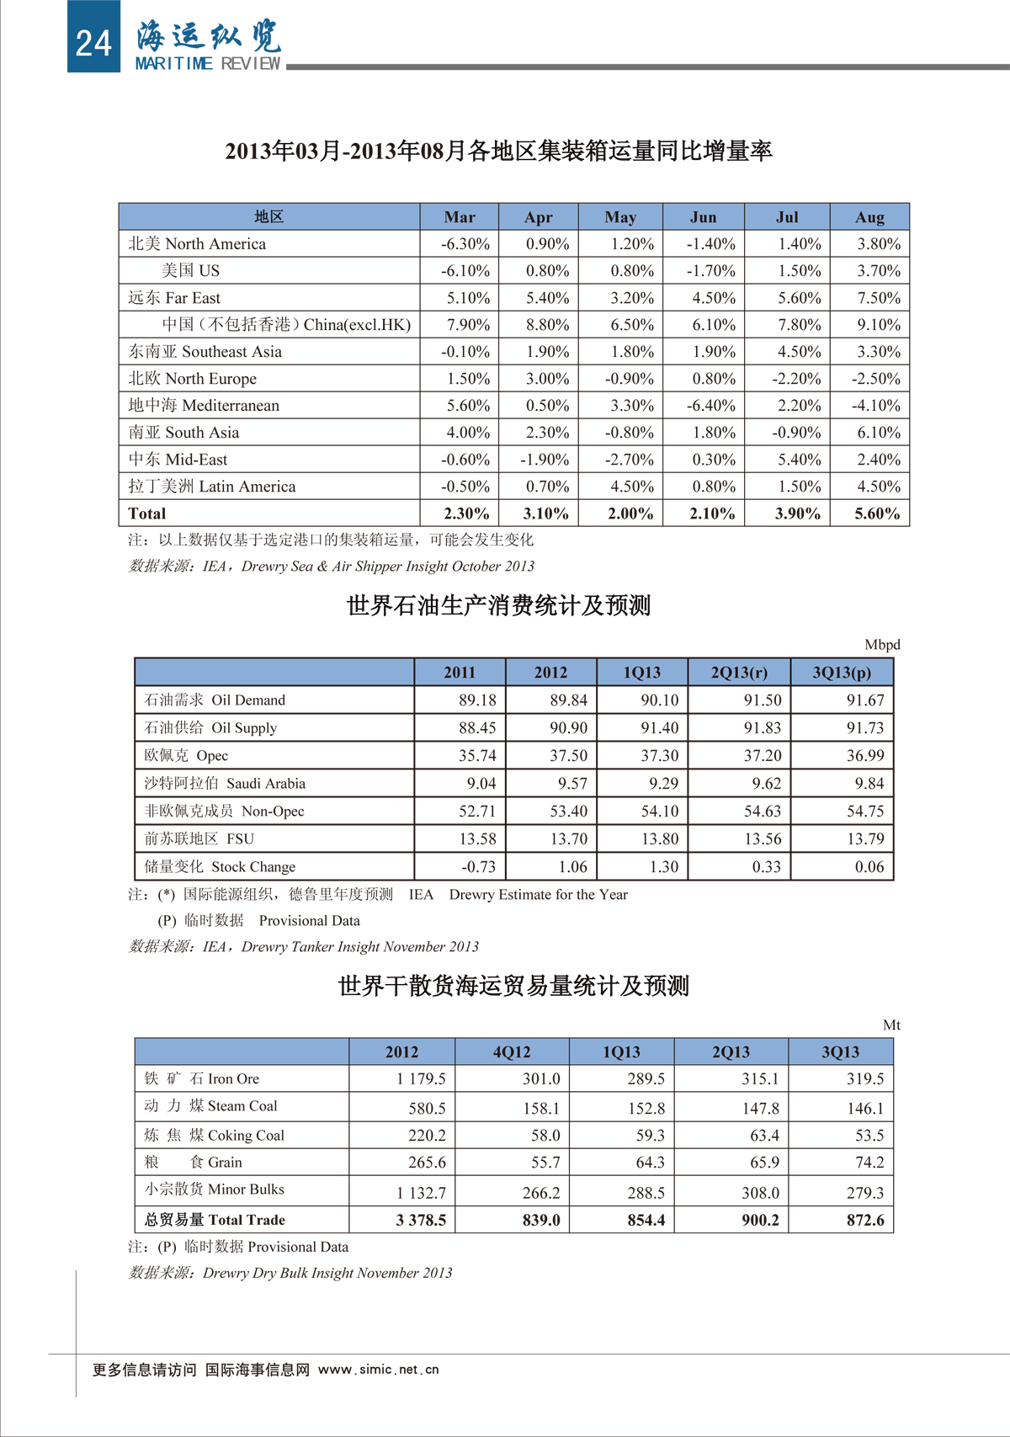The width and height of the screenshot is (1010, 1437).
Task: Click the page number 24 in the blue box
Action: click(x=93, y=42)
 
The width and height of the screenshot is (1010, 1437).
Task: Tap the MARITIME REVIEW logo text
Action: click(x=208, y=64)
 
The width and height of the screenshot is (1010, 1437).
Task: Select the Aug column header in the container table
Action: click(x=869, y=217)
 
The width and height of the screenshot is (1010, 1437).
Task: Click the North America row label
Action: click(x=197, y=244)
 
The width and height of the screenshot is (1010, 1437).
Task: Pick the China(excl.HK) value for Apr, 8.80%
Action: click(x=547, y=325)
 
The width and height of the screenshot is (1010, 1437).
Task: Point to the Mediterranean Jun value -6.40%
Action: click(x=711, y=406)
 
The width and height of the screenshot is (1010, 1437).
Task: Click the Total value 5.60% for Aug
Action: click(x=877, y=514)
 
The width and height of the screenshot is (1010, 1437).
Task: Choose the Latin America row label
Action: click(x=212, y=487)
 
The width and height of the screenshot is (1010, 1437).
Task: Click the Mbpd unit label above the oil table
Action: click(x=882, y=645)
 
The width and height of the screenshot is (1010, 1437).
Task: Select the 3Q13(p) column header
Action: click(x=841, y=673)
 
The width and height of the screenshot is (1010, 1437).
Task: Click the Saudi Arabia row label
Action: click(x=225, y=784)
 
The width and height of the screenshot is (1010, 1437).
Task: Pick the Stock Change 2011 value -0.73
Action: click(x=478, y=867)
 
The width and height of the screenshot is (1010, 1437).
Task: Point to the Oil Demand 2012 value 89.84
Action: click(x=568, y=700)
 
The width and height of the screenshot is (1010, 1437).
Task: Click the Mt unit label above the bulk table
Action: click(x=891, y=1025)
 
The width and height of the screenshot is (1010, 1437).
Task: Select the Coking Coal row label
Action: click(x=214, y=1136)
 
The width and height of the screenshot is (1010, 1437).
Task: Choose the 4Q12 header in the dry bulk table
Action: click(x=512, y=1052)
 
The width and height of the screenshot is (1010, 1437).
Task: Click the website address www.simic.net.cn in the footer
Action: click(x=378, y=1370)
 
